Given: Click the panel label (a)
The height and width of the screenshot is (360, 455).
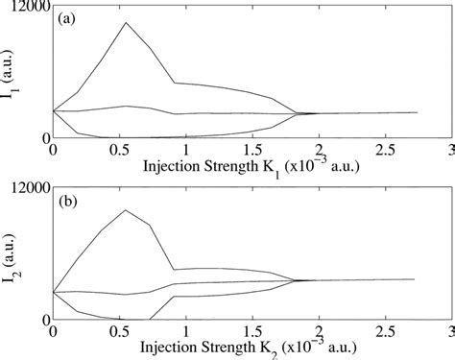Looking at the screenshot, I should [x=70, y=19].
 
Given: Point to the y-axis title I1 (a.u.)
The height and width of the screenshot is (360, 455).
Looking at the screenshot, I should [x=13, y=73].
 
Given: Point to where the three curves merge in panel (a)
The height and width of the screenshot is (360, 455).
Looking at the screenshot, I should [x=299, y=113].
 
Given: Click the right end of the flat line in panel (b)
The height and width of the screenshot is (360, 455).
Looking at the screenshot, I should [x=414, y=279].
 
